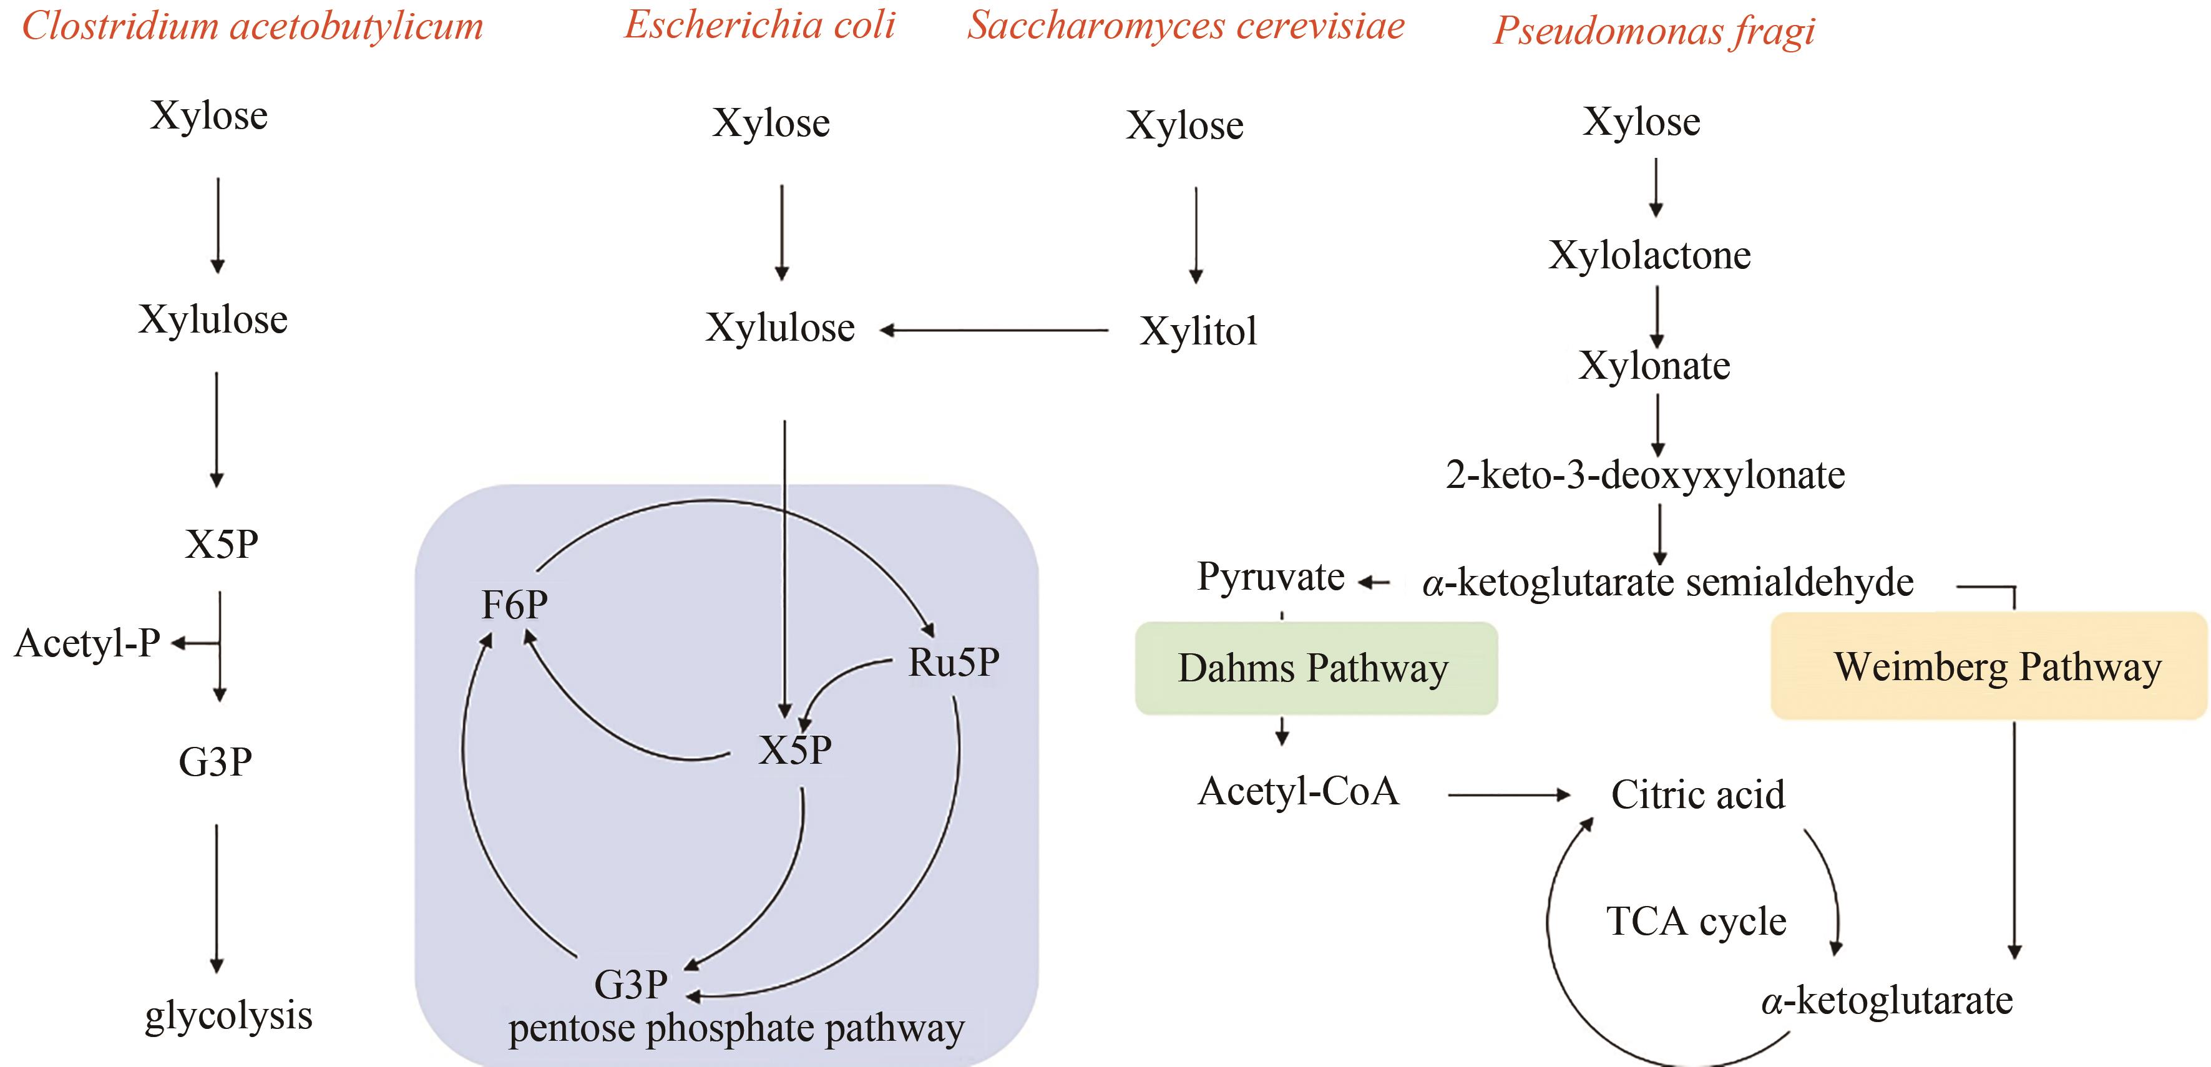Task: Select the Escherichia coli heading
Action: coord(759,25)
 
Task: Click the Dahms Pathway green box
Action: coord(1315,668)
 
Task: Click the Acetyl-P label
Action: coord(87,643)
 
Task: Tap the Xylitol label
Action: coord(1198,331)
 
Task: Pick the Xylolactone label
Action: coord(1649,255)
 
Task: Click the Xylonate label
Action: coord(1654,366)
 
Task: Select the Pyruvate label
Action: coord(1271,576)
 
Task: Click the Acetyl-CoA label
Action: coord(1298,791)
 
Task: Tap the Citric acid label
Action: coord(1698,795)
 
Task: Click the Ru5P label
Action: coord(954,663)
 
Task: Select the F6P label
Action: coord(514,605)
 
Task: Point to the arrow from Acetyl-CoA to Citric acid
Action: coord(1508,796)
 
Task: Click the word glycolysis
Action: coord(228,1015)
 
